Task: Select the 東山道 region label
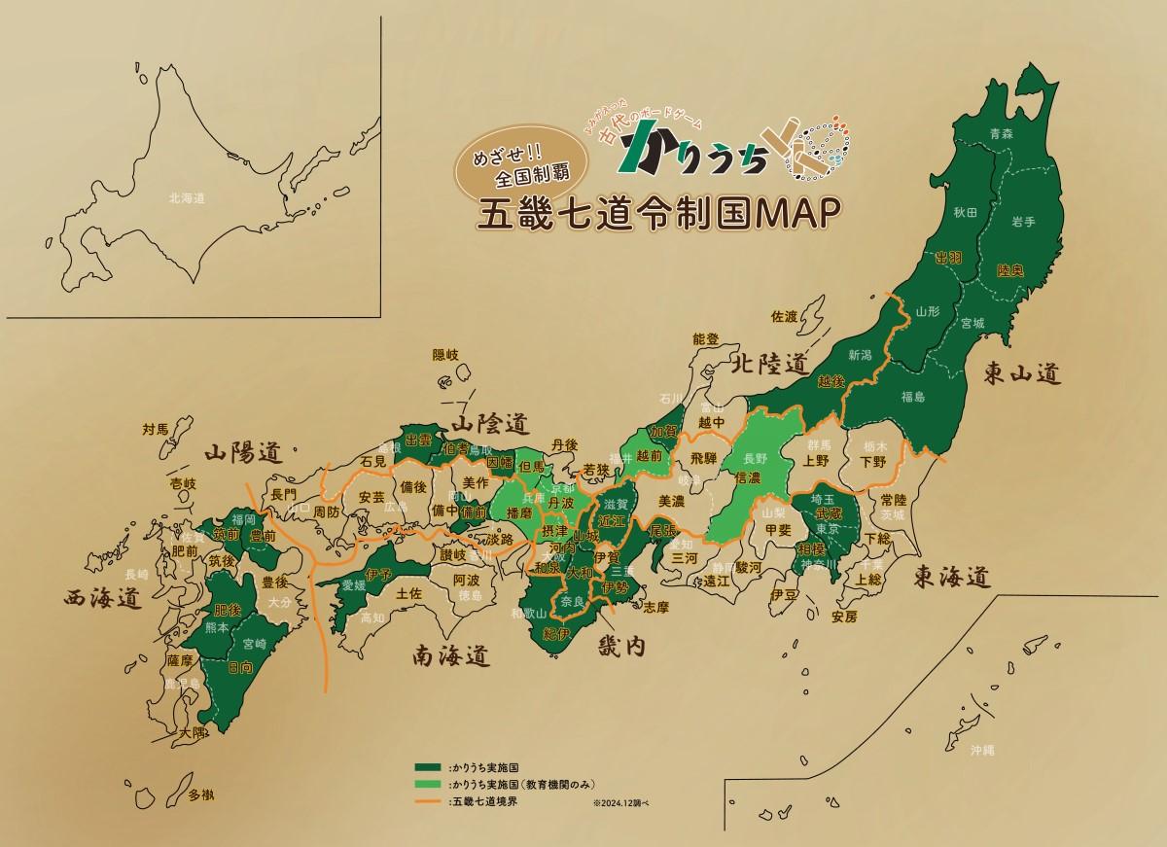tap(1020, 372)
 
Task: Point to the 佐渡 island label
tap(784, 316)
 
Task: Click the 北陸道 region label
tap(770, 365)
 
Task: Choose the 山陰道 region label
tap(488, 423)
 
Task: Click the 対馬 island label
tap(156, 428)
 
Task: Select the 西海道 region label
tap(100, 598)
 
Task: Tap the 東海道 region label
tap(952, 578)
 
